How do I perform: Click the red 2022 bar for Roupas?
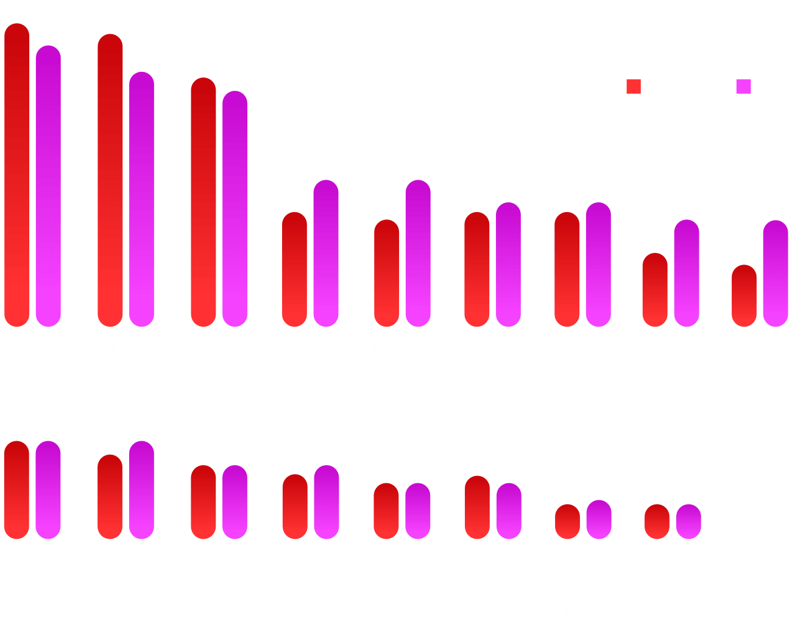point(17,177)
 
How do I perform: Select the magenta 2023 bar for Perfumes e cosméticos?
point(141,201)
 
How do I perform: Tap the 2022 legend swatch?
point(634,87)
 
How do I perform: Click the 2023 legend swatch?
point(743,87)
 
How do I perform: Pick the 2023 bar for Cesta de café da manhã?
point(326,253)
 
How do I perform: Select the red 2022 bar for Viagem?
point(744,296)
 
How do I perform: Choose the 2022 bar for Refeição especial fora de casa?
point(386,273)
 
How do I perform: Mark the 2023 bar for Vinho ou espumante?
point(141,490)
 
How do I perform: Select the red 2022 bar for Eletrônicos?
point(477,508)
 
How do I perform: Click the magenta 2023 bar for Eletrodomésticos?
point(688,522)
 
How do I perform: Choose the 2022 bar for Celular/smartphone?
point(203,502)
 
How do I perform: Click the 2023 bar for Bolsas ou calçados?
point(48,490)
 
